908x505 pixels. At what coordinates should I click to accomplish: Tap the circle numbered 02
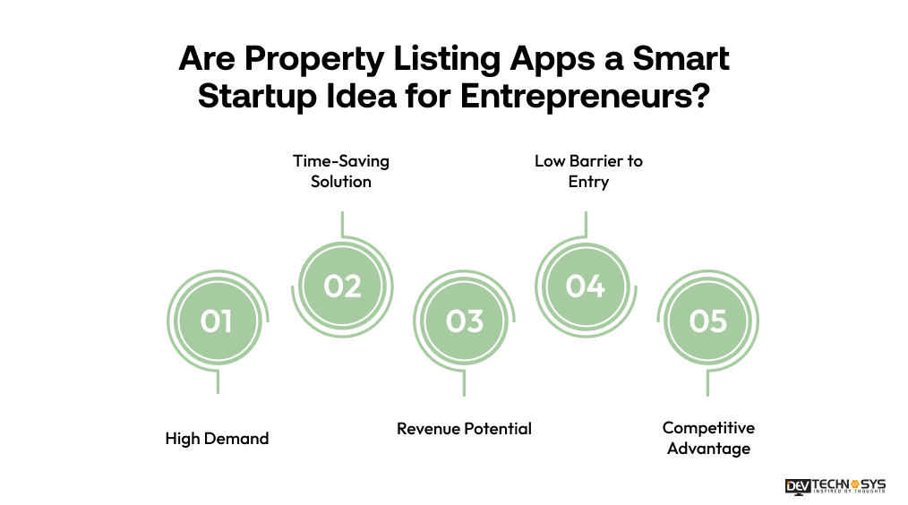[342, 286]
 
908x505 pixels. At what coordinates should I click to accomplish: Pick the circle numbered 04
[586, 286]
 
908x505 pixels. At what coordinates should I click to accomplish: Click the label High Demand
[217, 439]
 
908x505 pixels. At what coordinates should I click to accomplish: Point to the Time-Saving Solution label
[341, 171]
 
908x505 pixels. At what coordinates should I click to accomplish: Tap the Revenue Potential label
[464, 429]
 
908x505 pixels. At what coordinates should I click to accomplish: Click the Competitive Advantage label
[708, 438]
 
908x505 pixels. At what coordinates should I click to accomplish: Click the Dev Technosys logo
[835, 486]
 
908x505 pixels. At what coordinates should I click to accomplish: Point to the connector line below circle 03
[464, 383]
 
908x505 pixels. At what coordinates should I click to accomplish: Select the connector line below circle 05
[707, 383]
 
